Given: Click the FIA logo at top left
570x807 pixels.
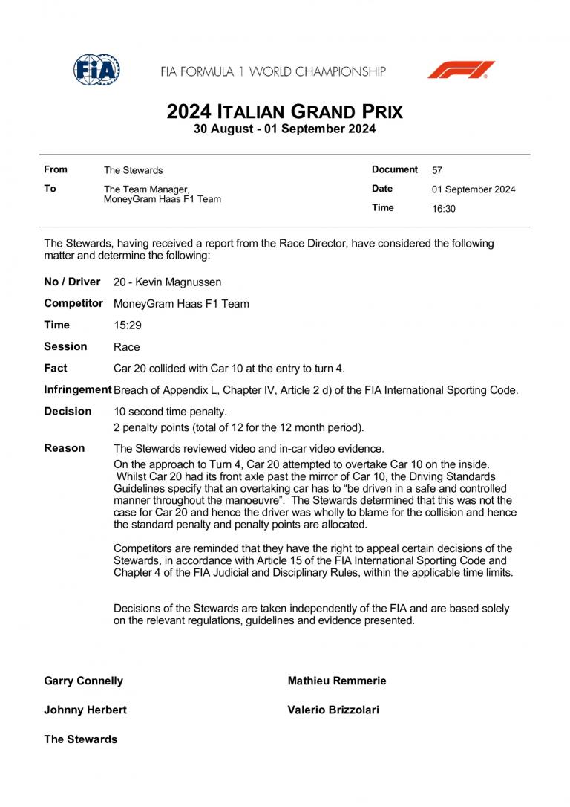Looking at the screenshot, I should coord(96,70).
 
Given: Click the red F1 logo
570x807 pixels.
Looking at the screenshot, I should coord(460,70).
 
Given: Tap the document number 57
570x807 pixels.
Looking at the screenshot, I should coord(437,170).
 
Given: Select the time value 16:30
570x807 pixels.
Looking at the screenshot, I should coord(443,209).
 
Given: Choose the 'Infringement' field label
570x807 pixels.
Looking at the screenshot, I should coord(77,389).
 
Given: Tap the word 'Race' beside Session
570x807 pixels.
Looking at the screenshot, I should coord(126,347).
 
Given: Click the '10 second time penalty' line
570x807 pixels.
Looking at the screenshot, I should coord(170,412).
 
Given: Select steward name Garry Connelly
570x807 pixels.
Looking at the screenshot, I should coord(84,681).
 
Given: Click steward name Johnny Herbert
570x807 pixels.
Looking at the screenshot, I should coord(85,710).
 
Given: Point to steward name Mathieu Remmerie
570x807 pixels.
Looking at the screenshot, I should coord(336,681).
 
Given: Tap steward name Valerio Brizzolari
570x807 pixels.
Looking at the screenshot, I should coord(332,710).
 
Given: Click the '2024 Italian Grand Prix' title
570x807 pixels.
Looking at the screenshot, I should coord(285,111).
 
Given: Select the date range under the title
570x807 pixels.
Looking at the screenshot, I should coord(285,129).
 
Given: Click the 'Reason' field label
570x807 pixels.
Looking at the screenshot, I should coord(64,448).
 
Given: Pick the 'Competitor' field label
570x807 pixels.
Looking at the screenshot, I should coord(73,303).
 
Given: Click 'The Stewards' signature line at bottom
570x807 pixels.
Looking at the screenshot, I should coord(80,739).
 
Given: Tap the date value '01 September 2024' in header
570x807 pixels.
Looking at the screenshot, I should coord(474,189).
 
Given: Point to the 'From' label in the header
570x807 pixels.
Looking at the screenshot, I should coord(56,169).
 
